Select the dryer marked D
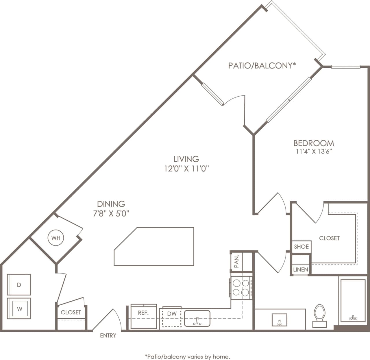(19, 285)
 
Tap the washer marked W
(19, 309)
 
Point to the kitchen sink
(197, 318)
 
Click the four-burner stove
(241, 287)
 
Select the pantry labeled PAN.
(237, 261)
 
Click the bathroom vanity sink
(280, 320)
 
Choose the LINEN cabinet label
(300, 269)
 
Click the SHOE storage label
(301, 247)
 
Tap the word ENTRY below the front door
(108, 335)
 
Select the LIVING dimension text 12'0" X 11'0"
(186, 169)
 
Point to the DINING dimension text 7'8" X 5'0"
(111, 213)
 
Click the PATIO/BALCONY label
(262, 66)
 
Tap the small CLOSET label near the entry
(71, 312)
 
